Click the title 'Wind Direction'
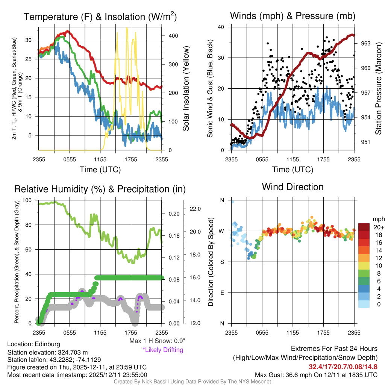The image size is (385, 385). tap(293, 187)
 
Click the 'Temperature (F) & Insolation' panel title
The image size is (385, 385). tap(100, 17)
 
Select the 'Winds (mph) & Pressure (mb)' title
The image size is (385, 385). tap(293, 16)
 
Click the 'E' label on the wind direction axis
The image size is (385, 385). tap(222, 293)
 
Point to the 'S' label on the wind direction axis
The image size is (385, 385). tap(222, 262)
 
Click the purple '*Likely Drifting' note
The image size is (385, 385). tap(163, 350)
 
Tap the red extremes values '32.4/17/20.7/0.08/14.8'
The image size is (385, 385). tap(343, 367)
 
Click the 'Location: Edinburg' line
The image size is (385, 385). tap(33, 344)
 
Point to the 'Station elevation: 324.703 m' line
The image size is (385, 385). tap(47, 352)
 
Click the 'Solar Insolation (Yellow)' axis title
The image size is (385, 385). tap(186, 89)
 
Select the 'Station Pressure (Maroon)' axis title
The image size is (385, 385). tap(379, 89)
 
